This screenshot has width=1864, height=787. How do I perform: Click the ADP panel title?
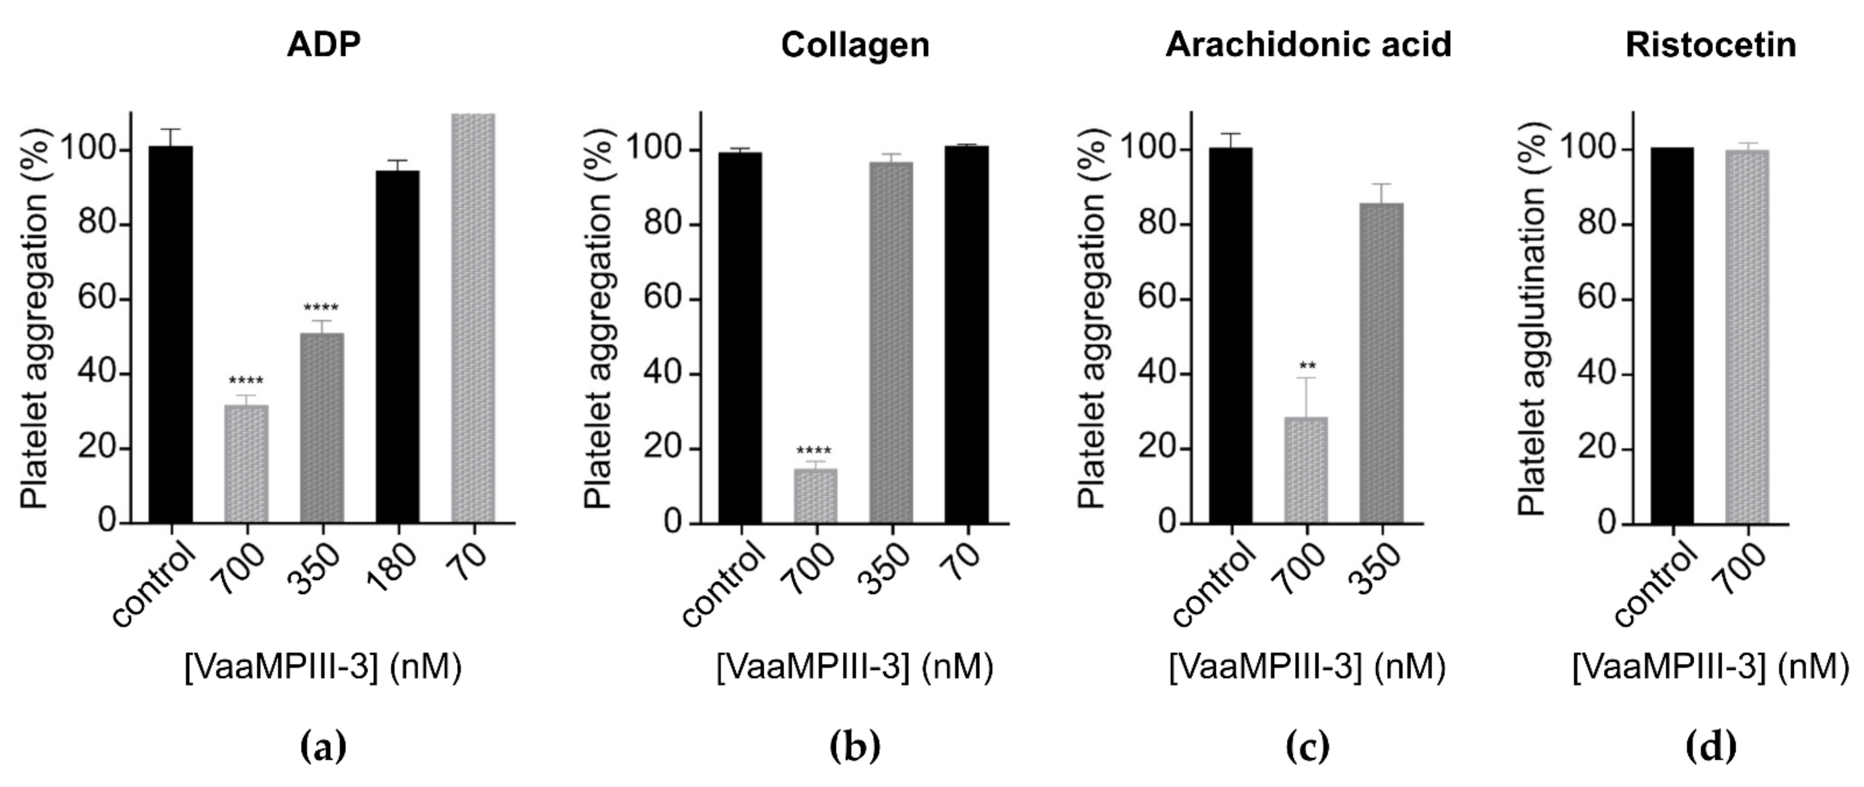(324, 45)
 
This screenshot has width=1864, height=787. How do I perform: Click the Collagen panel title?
(855, 45)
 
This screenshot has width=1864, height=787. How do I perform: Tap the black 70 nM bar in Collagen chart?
(967, 334)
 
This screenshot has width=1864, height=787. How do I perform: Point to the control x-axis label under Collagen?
(723, 586)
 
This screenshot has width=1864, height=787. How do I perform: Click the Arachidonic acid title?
(1308, 45)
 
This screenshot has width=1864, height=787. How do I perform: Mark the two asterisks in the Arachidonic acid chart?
(1307, 365)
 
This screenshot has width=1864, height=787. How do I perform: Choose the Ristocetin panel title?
(1710, 45)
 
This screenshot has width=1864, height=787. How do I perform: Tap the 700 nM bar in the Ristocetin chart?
(1747, 336)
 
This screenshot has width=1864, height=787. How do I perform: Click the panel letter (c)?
(1308, 746)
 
